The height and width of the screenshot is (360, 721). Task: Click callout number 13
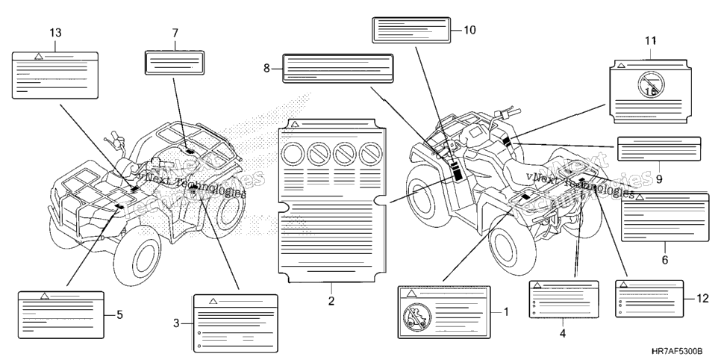click(55, 33)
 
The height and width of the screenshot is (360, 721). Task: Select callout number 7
click(175, 33)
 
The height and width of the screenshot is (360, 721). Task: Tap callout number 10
click(469, 31)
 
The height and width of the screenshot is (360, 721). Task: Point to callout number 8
click(266, 69)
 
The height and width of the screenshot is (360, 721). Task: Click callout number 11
click(650, 41)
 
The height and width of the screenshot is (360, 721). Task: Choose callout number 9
click(659, 179)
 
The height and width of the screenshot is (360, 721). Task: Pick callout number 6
click(665, 260)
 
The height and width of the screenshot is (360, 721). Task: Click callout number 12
click(703, 300)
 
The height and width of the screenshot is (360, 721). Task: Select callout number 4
click(563, 333)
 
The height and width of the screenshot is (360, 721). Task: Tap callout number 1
click(506, 312)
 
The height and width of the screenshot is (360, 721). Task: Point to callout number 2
click(331, 302)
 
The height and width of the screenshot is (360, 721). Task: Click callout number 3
click(176, 323)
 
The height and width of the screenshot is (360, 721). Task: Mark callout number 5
click(119, 315)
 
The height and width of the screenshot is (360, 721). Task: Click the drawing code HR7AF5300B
click(677, 351)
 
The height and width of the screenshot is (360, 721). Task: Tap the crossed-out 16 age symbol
click(650, 86)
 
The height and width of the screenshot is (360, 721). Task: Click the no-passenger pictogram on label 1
click(417, 317)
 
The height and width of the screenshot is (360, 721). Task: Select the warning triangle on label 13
click(39, 56)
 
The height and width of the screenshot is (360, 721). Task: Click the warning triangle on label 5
click(45, 296)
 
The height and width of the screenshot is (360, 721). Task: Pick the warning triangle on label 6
click(639, 197)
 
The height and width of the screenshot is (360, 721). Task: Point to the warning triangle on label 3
click(213, 301)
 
